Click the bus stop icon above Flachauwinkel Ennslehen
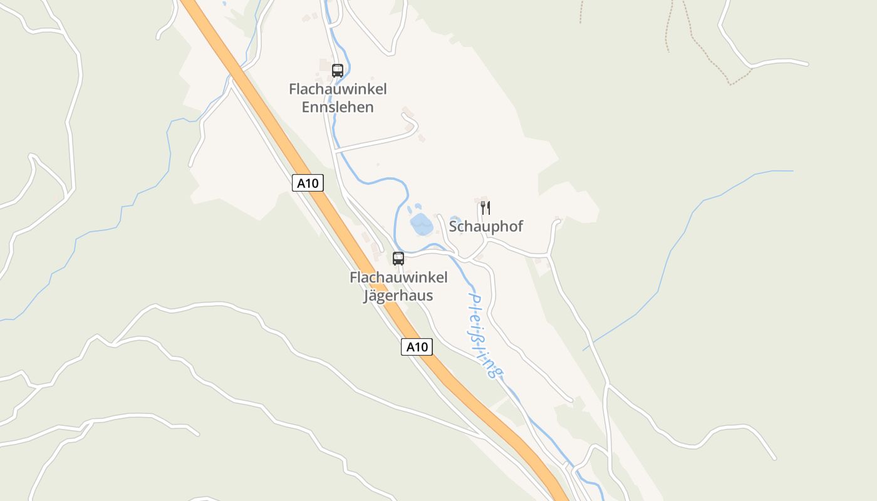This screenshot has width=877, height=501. click(x=338, y=70)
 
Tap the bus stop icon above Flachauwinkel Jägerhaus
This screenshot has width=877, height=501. click(x=398, y=258)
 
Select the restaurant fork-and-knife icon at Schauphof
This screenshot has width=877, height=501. click(x=485, y=208)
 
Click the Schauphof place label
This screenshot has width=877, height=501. click(x=486, y=226)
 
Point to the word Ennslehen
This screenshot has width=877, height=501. click(x=338, y=107)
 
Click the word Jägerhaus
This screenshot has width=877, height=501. click(x=398, y=296)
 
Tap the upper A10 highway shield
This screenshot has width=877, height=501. click(x=308, y=183)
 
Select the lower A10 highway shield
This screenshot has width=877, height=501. click(x=417, y=347)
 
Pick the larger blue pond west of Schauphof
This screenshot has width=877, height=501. click(x=422, y=224)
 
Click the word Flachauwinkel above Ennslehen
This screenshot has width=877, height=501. click(x=338, y=89)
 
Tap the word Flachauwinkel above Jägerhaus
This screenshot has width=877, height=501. click(x=398, y=277)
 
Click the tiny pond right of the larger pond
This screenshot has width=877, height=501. click(x=455, y=220)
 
